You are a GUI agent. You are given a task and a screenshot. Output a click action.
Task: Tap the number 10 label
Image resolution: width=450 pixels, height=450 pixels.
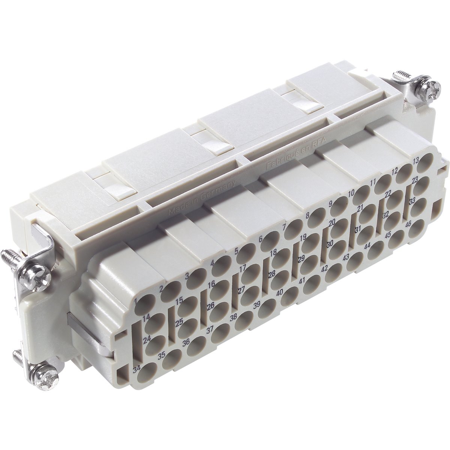pyautogui.click(x=351, y=193)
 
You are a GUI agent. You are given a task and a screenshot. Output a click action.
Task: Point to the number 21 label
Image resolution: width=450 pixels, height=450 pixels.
pyautogui.click(x=360, y=208)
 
